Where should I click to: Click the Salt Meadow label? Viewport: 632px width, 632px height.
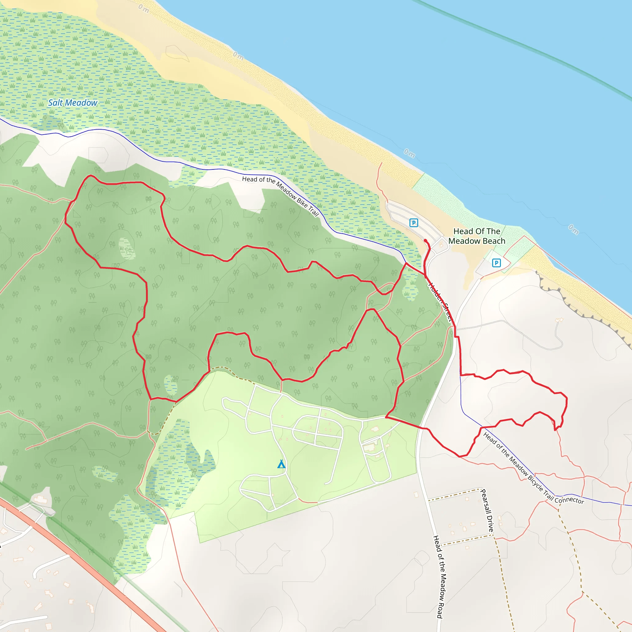(73, 103)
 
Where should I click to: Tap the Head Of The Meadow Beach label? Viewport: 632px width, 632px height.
(476, 236)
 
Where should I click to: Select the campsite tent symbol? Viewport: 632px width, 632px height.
(281, 464)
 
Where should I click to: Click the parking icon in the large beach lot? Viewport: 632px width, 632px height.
(414, 223)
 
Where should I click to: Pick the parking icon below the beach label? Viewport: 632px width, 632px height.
(496, 263)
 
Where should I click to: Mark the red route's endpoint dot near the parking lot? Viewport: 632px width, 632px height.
(425, 240)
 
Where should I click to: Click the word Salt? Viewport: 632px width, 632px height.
(55, 103)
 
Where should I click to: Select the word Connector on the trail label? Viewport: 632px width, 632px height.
(570, 500)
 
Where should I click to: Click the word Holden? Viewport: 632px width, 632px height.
(435, 292)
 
